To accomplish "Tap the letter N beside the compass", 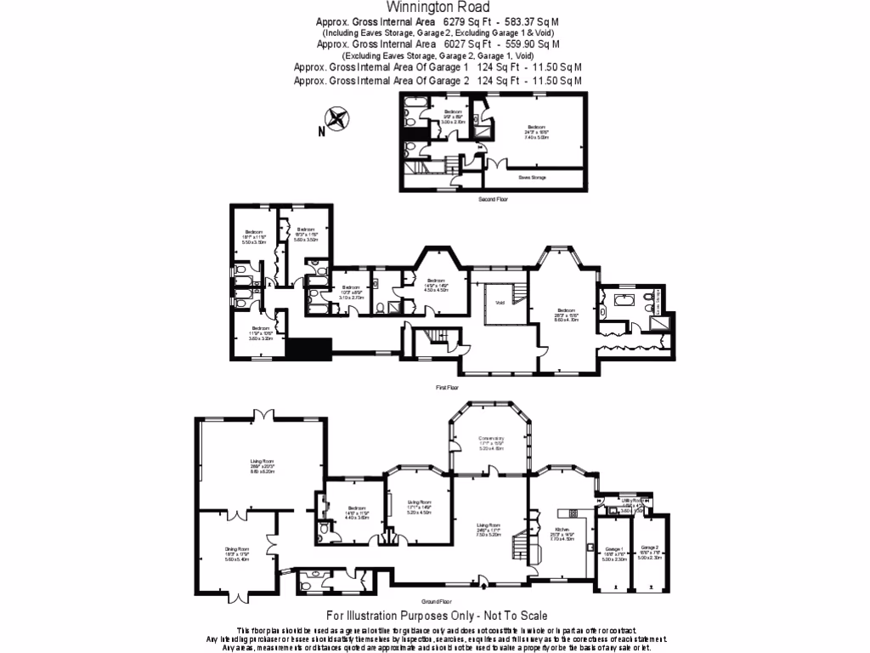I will pyautogui.click(x=322, y=131).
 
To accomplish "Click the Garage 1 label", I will pyautogui.click(x=613, y=548).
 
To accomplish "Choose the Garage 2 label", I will pyautogui.click(x=650, y=548).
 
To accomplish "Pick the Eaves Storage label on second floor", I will pyautogui.click(x=533, y=178).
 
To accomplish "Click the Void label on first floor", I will pyautogui.click(x=500, y=301).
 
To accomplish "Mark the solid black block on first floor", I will pyautogui.click(x=308, y=349).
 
